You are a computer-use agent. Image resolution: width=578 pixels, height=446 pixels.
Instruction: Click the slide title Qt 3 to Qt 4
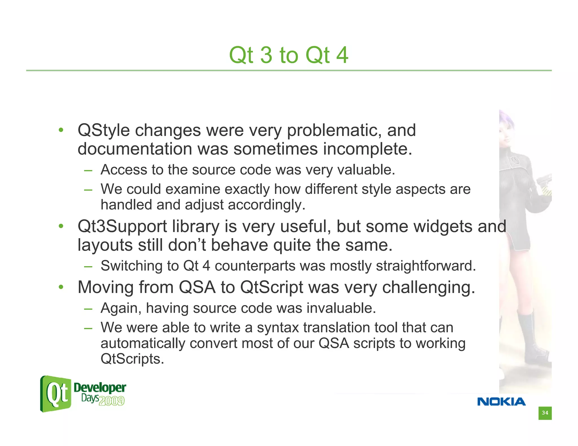coord(288,55)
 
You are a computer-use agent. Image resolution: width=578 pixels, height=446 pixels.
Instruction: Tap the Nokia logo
coord(501,401)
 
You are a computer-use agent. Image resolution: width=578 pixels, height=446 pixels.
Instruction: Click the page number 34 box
coord(545,413)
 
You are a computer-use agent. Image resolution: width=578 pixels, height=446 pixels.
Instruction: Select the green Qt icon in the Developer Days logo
coord(56,394)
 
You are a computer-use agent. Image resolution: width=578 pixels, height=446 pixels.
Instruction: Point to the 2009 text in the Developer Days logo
coord(112,401)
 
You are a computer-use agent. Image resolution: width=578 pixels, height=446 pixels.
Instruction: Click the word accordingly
coord(266,205)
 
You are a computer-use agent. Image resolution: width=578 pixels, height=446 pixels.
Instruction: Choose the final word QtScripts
coord(132,359)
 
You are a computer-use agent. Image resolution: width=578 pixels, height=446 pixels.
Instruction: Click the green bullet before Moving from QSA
coord(61,287)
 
